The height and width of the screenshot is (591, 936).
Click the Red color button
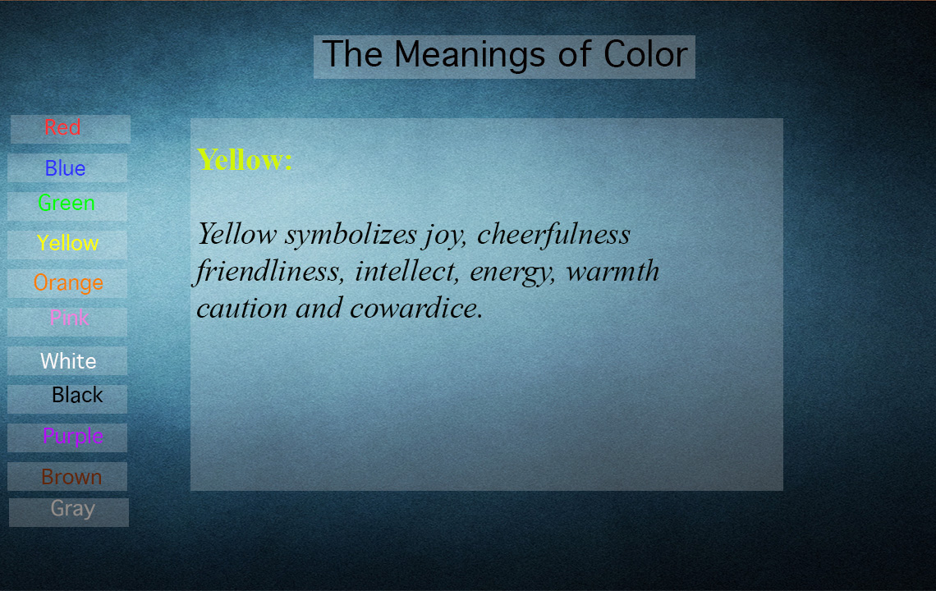coord(71,129)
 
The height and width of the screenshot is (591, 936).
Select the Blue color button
coord(67,167)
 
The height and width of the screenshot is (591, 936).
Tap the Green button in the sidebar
coord(67,206)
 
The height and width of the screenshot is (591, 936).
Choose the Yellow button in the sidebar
coord(67,245)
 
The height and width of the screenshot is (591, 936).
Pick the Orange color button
coord(67,283)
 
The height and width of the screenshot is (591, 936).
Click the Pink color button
coord(67,322)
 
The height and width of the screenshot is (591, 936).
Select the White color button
coord(67,360)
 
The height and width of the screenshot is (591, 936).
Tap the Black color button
coord(67,399)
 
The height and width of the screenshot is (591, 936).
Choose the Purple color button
coord(67,438)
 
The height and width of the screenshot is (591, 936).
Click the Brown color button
coord(67,476)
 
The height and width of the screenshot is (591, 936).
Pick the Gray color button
coord(69,512)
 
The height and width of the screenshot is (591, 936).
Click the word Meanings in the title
coord(469,56)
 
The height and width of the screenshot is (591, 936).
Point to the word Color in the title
coord(645,54)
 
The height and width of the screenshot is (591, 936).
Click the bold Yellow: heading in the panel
coord(245,160)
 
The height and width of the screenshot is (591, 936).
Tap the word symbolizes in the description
coord(351,235)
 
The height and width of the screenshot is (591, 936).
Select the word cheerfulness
coord(553,233)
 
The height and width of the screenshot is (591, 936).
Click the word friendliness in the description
coord(268,272)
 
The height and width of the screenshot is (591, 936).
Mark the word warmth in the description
coord(613,272)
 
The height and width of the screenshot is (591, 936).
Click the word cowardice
coord(416,308)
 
